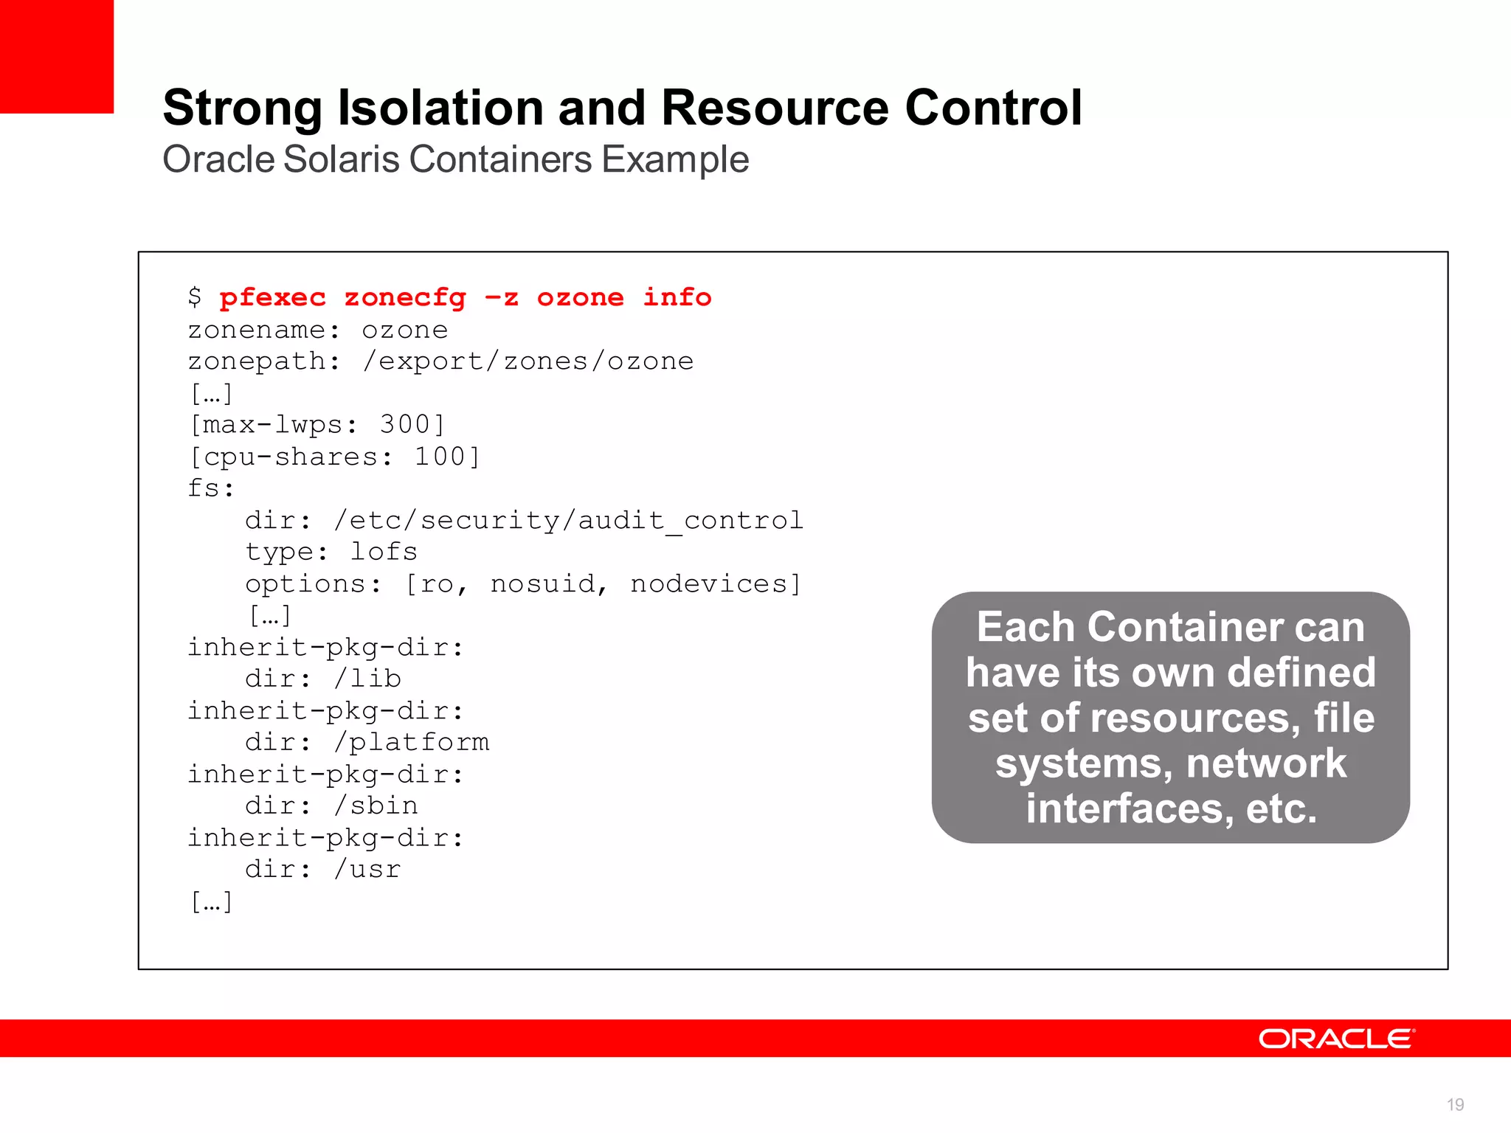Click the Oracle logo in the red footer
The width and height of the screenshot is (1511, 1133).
[1336, 1039]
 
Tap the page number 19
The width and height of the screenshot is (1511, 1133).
[1455, 1104]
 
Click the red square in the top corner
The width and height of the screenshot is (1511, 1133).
[56, 56]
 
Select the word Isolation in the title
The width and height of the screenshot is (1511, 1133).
[440, 108]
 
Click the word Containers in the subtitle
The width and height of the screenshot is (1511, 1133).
[499, 159]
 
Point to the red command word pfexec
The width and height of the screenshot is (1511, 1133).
[272, 297]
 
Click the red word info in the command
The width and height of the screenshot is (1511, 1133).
[677, 297]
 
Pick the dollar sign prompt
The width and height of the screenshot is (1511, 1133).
[195, 297]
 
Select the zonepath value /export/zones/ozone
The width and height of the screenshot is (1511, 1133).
[528, 361]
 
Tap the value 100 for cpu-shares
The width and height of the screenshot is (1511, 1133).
[440, 457]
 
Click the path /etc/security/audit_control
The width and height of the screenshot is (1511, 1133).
[568, 520]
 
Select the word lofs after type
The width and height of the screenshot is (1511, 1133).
[384, 552]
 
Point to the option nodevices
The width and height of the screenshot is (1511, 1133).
[709, 583]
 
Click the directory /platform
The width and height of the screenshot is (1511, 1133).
[412, 742]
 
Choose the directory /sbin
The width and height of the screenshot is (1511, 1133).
[376, 805]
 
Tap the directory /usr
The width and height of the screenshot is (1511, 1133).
[367, 869]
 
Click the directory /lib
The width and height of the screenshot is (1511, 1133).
[367, 679]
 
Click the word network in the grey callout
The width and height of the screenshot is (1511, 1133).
[1265, 763]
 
